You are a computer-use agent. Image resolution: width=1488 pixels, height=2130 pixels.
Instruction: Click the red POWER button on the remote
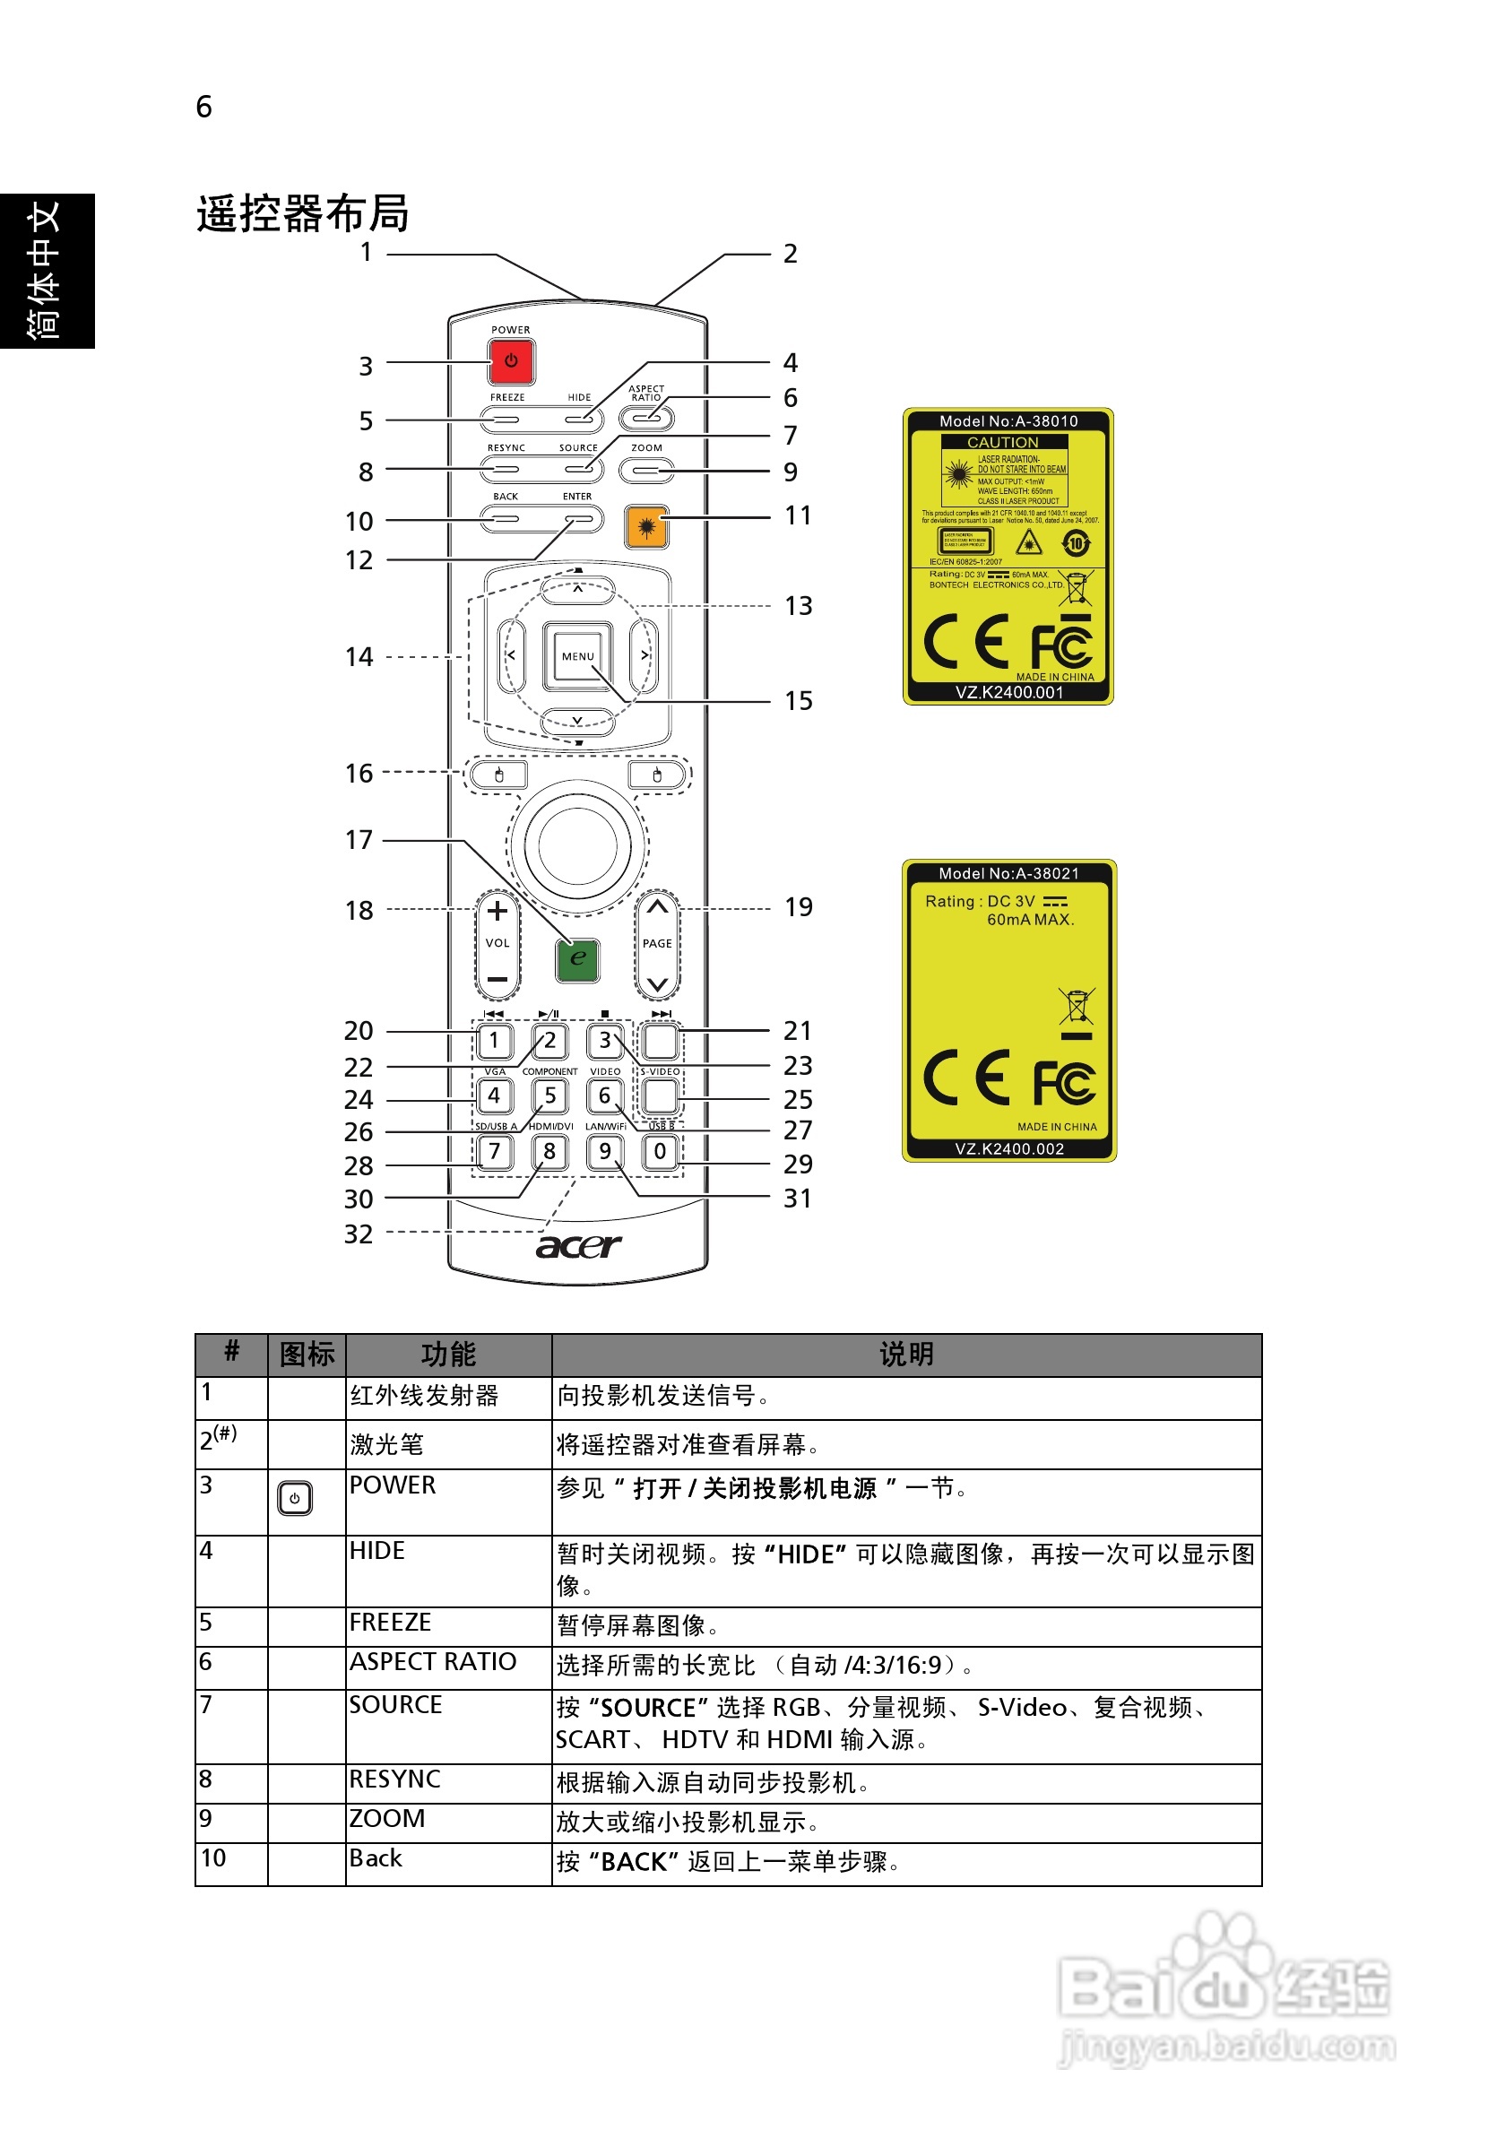pos(510,361)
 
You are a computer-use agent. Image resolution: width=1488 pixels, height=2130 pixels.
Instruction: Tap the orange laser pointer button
pos(646,527)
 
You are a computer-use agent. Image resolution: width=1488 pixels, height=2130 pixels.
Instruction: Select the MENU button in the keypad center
pos(577,656)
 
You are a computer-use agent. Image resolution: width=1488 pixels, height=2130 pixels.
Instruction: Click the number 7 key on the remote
pos(495,1151)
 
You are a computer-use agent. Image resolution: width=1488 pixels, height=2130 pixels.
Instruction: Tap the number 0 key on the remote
pos(660,1151)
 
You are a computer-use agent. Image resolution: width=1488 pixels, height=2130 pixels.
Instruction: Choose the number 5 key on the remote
pos(550,1095)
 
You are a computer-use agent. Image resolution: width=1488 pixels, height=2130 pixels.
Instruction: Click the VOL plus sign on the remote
pos(497,911)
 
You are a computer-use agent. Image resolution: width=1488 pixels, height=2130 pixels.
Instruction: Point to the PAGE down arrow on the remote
pos(657,983)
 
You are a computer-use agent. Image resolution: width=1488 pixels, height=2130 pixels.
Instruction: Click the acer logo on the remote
pos(578,1245)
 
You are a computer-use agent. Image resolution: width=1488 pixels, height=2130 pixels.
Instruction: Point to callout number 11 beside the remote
pos(797,515)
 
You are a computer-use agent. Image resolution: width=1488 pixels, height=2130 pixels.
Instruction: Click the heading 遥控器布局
pos(302,213)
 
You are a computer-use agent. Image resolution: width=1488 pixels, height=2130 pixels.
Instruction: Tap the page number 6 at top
pos(204,107)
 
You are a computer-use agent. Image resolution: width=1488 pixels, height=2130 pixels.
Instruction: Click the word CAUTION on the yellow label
pos(1003,443)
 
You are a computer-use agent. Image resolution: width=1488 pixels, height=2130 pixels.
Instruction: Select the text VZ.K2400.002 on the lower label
pos(1009,1148)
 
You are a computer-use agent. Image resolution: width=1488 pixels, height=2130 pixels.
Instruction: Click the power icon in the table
pos(295,1498)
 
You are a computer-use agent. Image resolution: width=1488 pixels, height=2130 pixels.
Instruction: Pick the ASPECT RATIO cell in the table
pos(432,1661)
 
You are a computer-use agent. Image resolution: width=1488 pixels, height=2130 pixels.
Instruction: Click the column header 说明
pos(905,1355)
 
